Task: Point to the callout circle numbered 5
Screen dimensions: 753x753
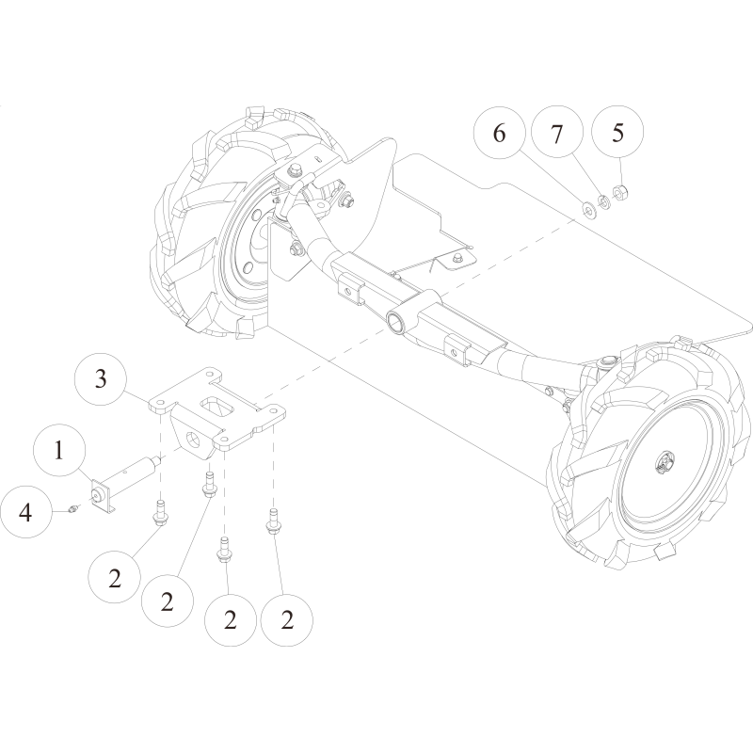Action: [617, 133]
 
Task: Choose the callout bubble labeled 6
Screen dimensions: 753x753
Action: [500, 133]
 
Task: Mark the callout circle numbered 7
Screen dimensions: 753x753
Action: [556, 133]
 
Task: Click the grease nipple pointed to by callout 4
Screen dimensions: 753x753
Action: [72, 510]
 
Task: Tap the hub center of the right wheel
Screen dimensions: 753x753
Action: [666, 461]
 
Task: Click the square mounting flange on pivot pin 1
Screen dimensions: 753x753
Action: [101, 494]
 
